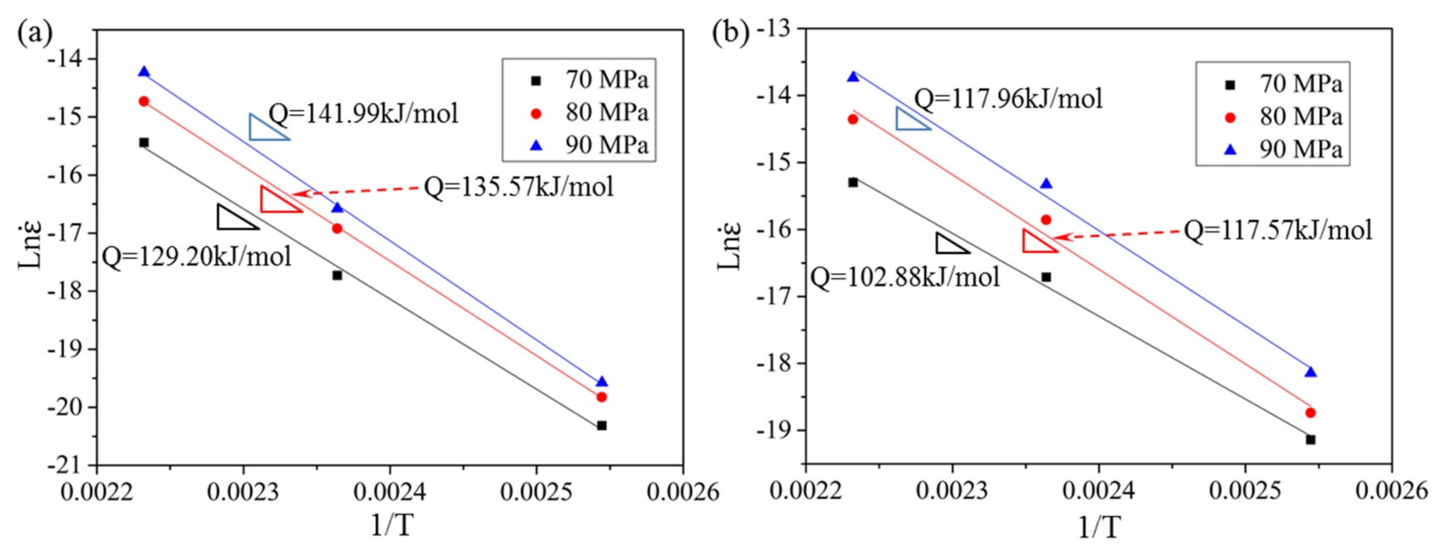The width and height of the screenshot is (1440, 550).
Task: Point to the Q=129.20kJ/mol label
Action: tap(197, 257)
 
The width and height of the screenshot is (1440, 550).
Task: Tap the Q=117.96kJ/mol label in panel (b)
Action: tap(1009, 99)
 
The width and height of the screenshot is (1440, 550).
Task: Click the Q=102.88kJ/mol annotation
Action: tap(905, 277)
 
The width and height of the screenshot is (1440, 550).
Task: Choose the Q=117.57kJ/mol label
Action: tap(1278, 230)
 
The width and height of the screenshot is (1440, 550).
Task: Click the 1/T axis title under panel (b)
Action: tap(1099, 526)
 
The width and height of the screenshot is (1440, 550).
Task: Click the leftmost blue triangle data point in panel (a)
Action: tap(144, 71)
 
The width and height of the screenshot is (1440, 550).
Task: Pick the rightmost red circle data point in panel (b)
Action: tap(1310, 413)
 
